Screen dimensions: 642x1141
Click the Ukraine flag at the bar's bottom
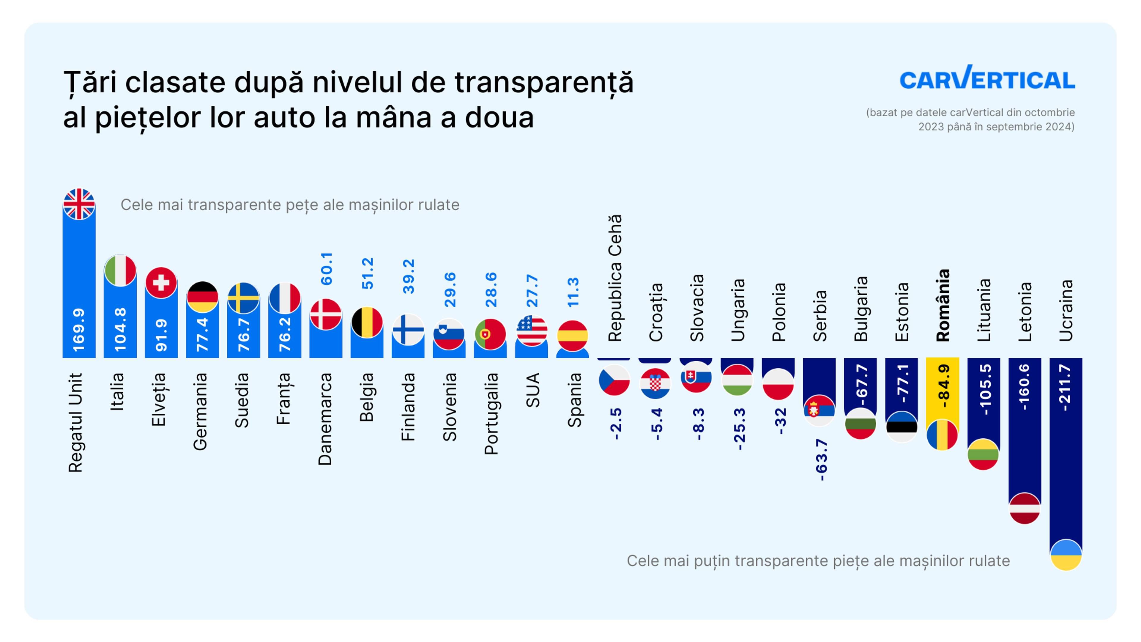pyautogui.click(x=1066, y=555)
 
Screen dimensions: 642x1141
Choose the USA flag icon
pyautogui.click(x=532, y=331)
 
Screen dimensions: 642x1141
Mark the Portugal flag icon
pyautogui.click(x=490, y=333)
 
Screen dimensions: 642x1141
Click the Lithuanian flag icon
pyautogui.click(x=983, y=454)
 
